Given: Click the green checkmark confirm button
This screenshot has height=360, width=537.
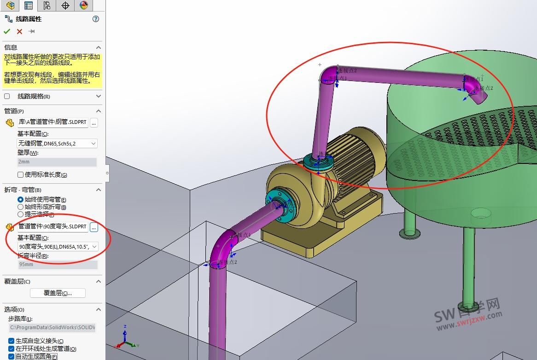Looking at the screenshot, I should pyautogui.click(x=7, y=31).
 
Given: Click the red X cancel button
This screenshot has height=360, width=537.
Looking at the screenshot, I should pyautogui.click(x=19, y=31).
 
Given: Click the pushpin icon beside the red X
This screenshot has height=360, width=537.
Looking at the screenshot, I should pyautogui.click(x=31, y=31).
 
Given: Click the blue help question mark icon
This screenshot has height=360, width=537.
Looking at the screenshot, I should pyautogui.click(x=96, y=19).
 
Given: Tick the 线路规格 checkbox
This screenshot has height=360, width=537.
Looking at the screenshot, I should pyautogui.click(x=7, y=96).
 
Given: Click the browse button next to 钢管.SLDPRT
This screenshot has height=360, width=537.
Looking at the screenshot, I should pyautogui.click(x=94, y=122).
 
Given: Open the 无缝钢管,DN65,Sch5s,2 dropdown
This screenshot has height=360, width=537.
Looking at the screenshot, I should pyautogui.click(x=58, y=144).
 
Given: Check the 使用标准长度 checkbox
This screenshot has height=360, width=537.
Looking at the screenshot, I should pyautogui.click(x=20, y=174).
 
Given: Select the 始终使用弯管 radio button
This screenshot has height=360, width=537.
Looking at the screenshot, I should pyautogui.click(x=20, y=199).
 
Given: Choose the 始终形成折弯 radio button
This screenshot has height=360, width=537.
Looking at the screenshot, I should pyautogui.click(x=20, y=207).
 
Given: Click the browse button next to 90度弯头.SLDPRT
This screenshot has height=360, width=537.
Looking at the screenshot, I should pyautogui.click(x=94, y=227).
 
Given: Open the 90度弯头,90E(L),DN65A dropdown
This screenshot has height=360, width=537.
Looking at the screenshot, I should pyautogui.click(x=58, y=247).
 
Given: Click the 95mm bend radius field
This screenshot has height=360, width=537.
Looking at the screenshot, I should pyautogui.click(x=58, y=265).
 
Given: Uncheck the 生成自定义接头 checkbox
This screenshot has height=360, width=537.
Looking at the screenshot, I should pyautogui.click(x=12, y=341).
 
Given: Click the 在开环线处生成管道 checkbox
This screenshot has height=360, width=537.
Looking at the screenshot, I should pyautogui.click(x=12, y=348).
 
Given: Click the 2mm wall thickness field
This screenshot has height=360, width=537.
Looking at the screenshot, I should pyautogui.click(x=58, y=162).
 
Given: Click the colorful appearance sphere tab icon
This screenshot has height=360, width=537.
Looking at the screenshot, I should pyautogui.click(x=83, y=5).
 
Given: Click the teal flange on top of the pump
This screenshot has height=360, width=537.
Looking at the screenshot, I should pyautogui.click(x=318, y=163).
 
